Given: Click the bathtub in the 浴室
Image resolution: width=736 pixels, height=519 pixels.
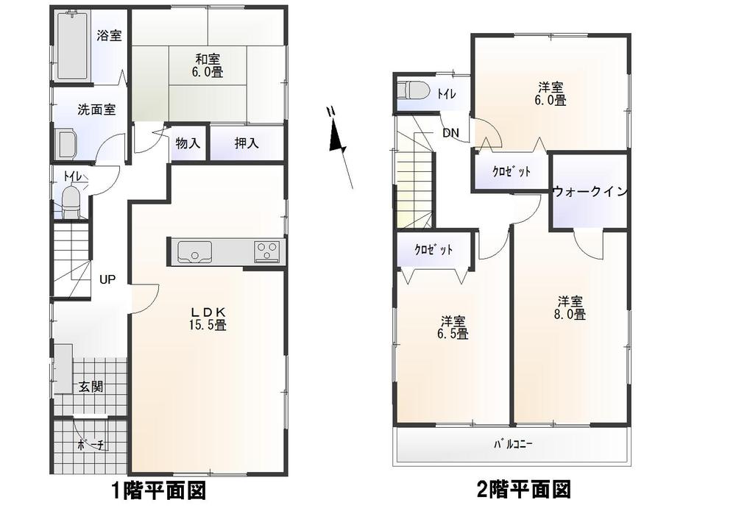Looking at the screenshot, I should [73, 46].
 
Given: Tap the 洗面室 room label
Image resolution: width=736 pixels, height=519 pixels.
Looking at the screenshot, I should [96, 110].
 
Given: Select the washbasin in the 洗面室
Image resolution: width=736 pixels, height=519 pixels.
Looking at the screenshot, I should [67, 143].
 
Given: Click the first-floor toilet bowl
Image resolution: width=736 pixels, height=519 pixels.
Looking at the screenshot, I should [71, 201].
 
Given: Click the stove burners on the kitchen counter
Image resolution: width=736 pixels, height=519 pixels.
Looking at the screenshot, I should [266, 252].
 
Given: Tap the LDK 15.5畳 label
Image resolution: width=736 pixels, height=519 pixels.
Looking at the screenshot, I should [208, 317].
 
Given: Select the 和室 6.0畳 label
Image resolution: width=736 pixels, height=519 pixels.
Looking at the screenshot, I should [208, 65].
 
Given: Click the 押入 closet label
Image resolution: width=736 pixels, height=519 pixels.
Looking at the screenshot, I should [247, 144].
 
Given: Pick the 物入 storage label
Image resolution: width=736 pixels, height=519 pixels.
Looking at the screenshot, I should [188, 144].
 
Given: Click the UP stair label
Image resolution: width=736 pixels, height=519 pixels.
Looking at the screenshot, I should [107, 279].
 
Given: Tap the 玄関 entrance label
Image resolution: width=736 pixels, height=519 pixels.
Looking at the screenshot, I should [91, 386].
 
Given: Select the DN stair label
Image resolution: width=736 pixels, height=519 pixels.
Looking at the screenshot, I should [450, 133].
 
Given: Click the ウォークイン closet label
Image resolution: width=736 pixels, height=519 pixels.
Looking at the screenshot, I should [590, 192].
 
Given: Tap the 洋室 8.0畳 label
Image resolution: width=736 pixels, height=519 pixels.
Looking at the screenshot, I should [570, 308].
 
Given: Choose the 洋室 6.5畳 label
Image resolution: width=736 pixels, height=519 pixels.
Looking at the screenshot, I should [454, 327].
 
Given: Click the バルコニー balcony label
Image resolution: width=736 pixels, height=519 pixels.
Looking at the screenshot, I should [512, 445].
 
